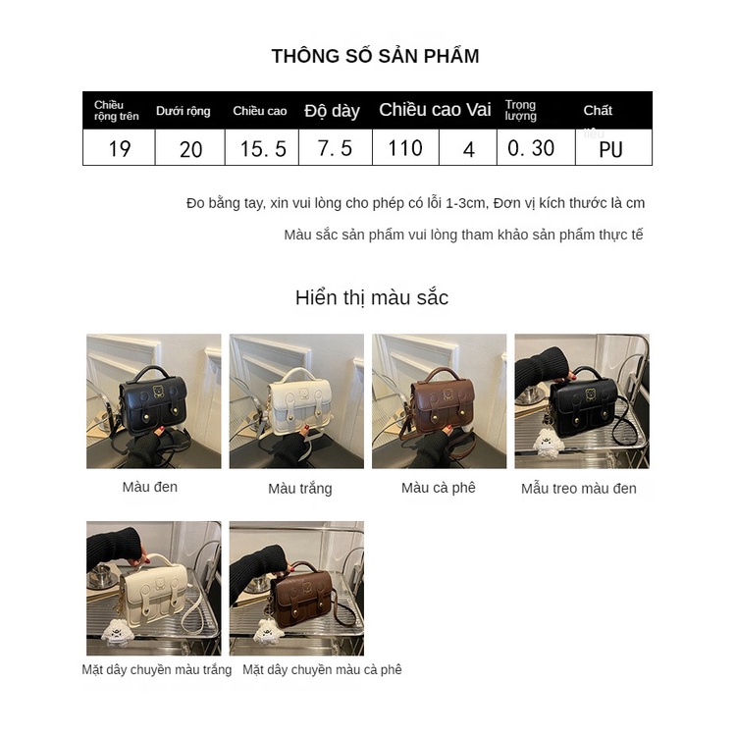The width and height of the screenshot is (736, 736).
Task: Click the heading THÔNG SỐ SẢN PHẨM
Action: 375,56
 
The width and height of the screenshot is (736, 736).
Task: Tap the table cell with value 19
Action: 120,148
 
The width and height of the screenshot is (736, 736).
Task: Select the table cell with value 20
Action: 191,149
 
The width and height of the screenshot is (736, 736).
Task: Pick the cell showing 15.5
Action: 263,149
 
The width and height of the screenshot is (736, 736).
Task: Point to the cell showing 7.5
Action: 335,148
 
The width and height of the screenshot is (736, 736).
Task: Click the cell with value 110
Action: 404,148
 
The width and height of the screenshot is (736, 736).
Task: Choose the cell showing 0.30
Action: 531,148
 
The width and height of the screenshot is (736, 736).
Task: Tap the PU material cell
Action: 610,149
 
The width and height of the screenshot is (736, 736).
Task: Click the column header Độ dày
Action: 332,111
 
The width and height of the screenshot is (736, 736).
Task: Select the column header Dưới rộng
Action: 184,111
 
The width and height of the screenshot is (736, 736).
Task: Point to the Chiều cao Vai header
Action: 435,110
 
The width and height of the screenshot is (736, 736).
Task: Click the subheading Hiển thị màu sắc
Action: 372,297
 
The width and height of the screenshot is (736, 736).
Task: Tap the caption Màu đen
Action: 150,487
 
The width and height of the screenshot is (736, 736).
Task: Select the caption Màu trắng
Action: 300,488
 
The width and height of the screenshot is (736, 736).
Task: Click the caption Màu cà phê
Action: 439,487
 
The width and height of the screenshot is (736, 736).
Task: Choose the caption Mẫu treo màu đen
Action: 579,488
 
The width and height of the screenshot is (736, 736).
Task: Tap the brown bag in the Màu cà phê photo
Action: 441,402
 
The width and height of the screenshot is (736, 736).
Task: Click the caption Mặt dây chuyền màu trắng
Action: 157,669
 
